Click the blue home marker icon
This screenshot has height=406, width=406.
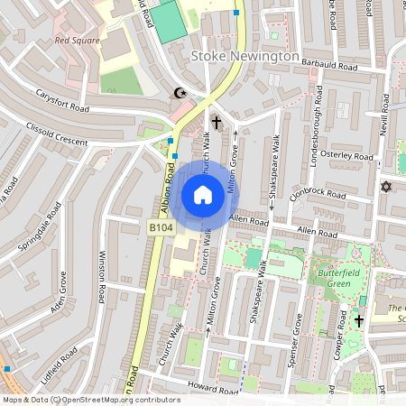(x=202, y=194)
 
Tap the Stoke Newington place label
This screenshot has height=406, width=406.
(x=245, y=56)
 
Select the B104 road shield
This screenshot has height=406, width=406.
(x=161, y=229)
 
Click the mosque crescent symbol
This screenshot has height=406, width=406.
(x=180, y=92)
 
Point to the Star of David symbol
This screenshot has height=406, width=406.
(x=388, y=187)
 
